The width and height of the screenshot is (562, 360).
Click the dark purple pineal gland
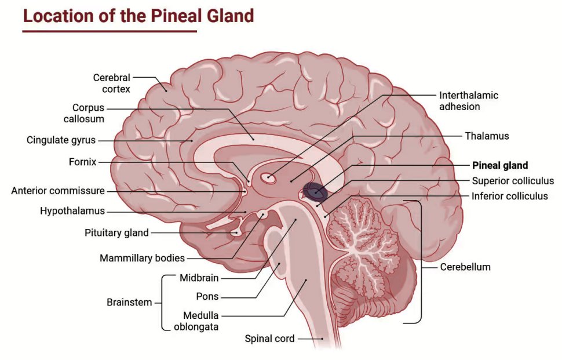click(314, 190)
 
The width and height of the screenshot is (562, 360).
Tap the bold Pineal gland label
click(500, 165)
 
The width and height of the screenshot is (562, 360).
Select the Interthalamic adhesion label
click(468, 101)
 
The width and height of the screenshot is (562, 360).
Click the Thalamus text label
click(487, 136)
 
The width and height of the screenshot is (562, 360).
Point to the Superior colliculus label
click(513, 181)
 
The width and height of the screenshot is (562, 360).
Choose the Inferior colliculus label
click(509, 196)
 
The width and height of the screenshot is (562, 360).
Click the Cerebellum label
click(465, 267)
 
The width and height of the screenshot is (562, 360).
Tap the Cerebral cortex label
click(112, 83)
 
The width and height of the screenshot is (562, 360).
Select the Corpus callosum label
click(88, 113)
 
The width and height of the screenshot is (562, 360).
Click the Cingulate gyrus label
click(61, 140)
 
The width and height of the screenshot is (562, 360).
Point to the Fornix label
click(82, 162)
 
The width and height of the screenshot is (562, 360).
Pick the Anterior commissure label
click(58, 191)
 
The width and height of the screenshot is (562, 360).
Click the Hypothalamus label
click(72, 211)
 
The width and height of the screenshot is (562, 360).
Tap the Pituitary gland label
click(116, 233)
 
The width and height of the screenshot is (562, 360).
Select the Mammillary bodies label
click(142, 258)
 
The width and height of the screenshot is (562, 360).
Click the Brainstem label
click(129, 302)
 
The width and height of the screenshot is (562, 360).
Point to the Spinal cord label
click(269, 339)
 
